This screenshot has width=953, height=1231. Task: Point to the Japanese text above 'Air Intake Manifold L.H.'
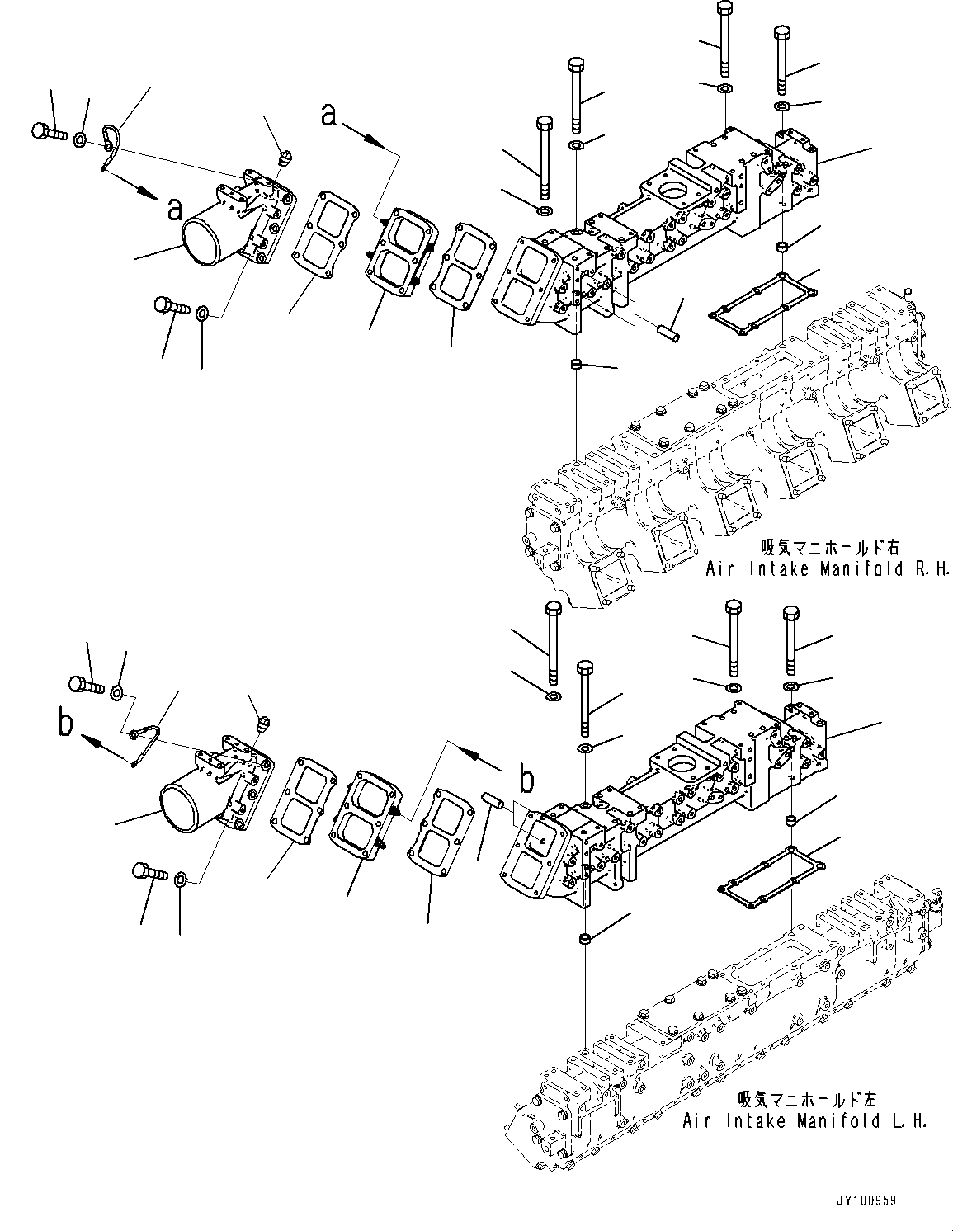tap(808, 1099)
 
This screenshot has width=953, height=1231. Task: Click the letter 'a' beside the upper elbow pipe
tap(174, 210)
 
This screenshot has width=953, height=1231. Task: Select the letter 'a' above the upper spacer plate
tap(328, 116)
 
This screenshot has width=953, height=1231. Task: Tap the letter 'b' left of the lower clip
tap(67, 724)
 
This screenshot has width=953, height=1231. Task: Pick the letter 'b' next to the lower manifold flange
tap(526, 778)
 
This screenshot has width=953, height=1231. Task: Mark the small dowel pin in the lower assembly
tap(492, 802)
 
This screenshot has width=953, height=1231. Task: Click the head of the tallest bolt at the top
tap(724, 8)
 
